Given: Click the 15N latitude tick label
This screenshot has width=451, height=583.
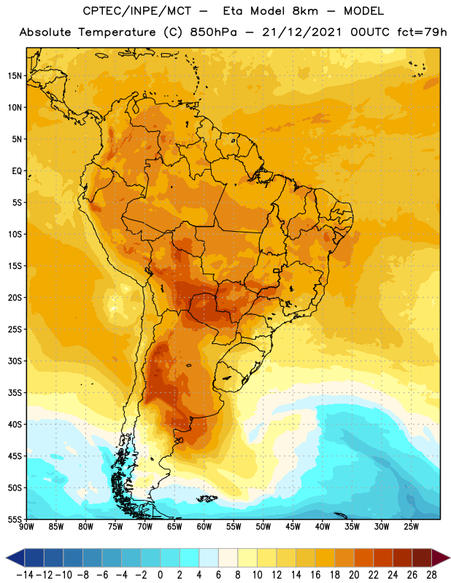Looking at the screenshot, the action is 15,76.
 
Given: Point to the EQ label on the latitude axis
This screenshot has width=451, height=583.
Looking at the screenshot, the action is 17,171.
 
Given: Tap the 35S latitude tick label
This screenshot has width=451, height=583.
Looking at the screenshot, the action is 15,393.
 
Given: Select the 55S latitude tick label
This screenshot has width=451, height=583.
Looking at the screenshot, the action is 15,519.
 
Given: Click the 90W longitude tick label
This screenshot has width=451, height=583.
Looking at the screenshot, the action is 26,527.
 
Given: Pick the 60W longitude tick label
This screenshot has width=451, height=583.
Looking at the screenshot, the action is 204,527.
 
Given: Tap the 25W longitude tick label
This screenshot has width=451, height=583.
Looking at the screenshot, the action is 411,527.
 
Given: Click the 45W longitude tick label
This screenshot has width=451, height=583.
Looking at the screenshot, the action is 293,527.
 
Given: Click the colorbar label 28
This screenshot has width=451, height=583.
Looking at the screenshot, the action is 431,575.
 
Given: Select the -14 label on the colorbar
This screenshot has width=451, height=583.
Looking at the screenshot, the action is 25,575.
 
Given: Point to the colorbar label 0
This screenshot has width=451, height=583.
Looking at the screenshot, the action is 160,575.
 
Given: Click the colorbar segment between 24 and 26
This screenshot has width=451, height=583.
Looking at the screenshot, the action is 403,557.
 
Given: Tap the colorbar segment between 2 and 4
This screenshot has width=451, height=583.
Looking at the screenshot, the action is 190,557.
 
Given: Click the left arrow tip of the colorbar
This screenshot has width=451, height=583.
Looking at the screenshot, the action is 6,557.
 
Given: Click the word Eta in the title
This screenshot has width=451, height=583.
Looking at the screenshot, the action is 232,11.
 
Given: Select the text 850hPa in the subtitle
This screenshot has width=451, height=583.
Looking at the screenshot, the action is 213,32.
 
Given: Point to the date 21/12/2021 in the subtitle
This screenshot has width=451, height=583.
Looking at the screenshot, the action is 301,32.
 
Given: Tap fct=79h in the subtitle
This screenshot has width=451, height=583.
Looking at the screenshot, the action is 422,32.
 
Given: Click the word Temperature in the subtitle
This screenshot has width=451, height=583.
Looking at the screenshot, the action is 117,32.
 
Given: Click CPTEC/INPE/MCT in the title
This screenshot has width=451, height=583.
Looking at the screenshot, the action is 137,11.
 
